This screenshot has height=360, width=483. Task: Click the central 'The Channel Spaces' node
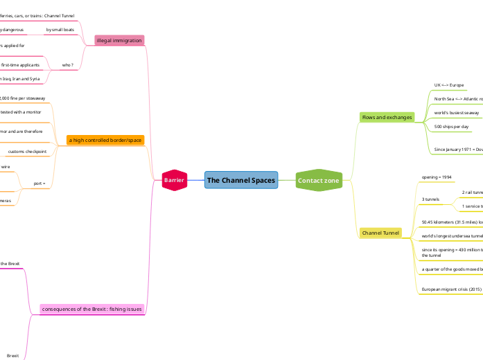point(241,181)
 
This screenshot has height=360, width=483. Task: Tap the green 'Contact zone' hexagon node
point(318,181)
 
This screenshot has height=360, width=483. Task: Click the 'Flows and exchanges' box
point(387,118)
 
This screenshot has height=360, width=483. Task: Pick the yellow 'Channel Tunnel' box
point(380,233)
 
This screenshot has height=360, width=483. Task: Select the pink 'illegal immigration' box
point(119,41)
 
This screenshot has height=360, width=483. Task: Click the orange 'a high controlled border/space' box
point(105,140)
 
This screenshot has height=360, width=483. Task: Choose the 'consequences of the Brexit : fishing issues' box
point(92,309)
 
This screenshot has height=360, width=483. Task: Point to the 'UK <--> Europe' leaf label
point(449,85)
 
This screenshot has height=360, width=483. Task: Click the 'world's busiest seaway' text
point(457,113)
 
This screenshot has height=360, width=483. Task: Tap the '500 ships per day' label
point(450,127)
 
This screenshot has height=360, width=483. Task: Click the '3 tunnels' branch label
point(431,199)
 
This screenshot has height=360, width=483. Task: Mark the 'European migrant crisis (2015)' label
point(451,289)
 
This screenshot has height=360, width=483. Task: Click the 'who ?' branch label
point(68,65)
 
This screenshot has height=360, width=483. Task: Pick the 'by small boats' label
point(60,30)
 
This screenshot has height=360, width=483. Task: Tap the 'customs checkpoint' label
point(28,151)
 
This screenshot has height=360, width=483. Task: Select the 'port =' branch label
point(39,183)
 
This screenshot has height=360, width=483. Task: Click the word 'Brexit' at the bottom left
point(12,355)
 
